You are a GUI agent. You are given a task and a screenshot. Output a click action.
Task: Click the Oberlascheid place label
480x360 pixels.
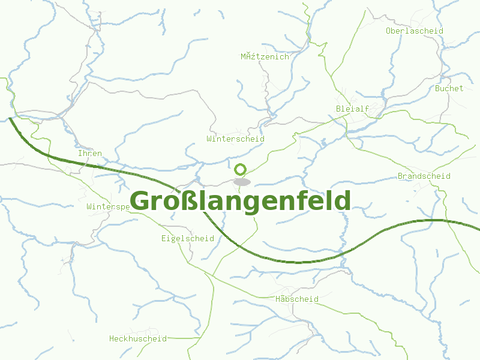[414, 31]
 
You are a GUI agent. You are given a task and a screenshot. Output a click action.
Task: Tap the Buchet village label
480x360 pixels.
[449, 88]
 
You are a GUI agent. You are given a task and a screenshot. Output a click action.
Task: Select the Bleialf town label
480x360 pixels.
[352, 109]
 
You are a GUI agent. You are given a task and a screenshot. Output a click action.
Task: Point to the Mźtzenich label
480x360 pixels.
[265, 57]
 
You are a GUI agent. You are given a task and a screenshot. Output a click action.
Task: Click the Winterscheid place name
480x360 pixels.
[235, 139]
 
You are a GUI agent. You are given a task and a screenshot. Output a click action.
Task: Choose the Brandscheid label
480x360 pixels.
[424, 176]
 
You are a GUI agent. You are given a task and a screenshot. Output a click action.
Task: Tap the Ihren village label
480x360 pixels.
[90, 154]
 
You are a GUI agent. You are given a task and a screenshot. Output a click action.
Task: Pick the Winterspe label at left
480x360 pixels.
[108, 206]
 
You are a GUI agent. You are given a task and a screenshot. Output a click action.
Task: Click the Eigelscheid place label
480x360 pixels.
[187, 238]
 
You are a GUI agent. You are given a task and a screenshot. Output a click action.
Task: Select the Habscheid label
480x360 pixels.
[296, 299]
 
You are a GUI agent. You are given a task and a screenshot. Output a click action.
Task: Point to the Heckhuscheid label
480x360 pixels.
[137, 338]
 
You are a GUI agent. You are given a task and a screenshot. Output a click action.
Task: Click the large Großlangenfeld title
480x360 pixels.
[240, 201]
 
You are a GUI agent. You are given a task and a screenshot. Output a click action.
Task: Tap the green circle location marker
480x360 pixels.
[241, 169]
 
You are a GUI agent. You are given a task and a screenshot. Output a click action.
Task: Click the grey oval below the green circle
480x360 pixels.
[241, 181]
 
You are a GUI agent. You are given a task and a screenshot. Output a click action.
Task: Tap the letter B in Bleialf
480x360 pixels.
[339, 109]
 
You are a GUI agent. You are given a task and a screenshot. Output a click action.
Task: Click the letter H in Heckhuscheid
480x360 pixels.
[112, 338]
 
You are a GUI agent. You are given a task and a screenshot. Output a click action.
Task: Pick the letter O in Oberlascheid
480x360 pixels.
[389, 31]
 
